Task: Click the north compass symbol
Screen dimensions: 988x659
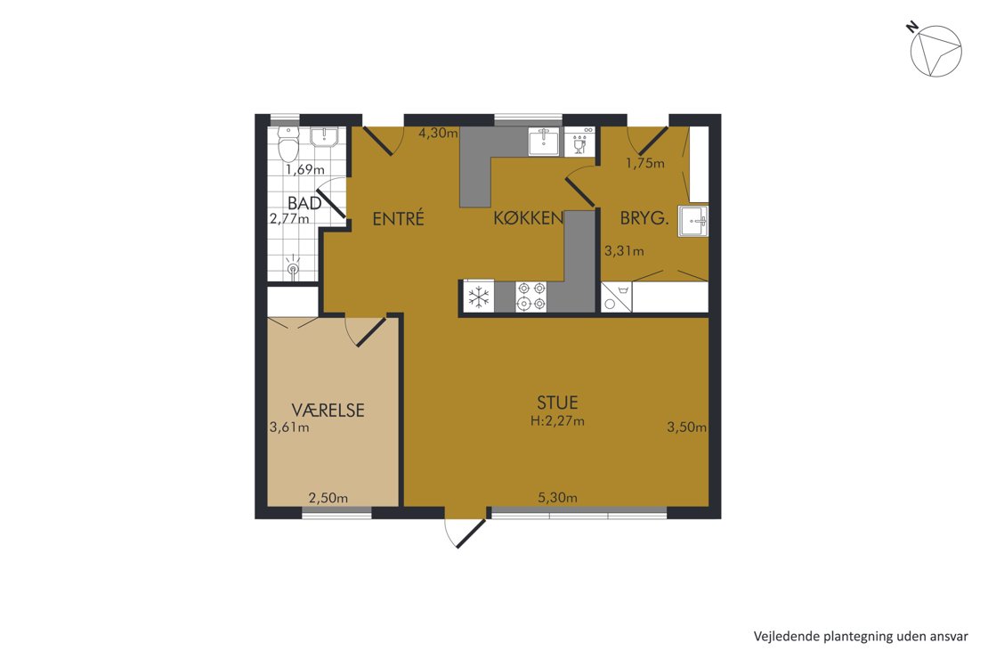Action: tap(935, 51)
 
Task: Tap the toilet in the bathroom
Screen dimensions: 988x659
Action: tap(288, 144)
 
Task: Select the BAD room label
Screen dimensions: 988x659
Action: tap(304, 203)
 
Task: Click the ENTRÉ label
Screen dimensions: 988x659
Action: tap(398, 219)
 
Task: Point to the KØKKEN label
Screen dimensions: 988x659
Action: tap(528, 218)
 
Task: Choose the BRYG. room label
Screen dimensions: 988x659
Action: tap(644, 219)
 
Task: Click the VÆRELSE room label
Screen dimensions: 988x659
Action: tap(328, 411)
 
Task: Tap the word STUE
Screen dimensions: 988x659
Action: tap(557, 403)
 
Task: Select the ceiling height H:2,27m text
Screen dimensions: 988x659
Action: tap(557, 420)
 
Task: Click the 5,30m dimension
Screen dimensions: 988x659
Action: tap(557, 498)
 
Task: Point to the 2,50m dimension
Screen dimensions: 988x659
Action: tap(328, 498)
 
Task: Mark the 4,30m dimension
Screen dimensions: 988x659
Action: tap(439, 133)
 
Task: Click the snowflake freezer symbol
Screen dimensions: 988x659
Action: tap(480, 297)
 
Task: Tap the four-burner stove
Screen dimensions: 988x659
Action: tap(530, 297)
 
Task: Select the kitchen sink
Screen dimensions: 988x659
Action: tap(543, 142)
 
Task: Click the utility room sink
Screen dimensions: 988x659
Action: tap(693, 222)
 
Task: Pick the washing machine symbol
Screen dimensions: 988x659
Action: tap(616, 297)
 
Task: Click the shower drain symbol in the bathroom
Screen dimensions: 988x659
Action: tap(293, 267)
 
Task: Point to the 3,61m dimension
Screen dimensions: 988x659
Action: tap(289, 427)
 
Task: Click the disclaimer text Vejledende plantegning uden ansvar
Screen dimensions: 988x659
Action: tap(861, 637)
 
